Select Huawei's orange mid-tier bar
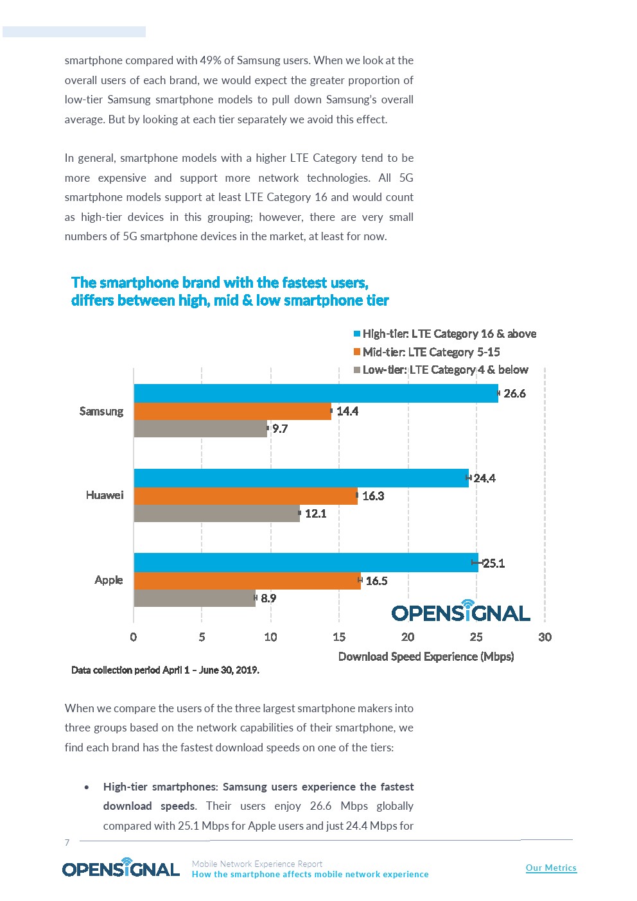(245, 496)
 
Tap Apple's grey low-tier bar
(194, 598)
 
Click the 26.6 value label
(514, 393)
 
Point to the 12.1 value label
(315, 513)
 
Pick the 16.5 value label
(376, 581)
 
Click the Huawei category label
(105, 495)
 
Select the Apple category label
(109, 580)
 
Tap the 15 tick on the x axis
(339, 637)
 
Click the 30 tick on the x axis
(545, 637)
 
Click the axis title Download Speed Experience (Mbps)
(426, 656)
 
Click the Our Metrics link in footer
(551, 868)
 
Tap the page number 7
(67, 843)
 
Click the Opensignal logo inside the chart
(460, 611)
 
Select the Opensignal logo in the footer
(121, 868)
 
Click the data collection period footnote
(165, 670)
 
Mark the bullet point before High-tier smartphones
(87, 787)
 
